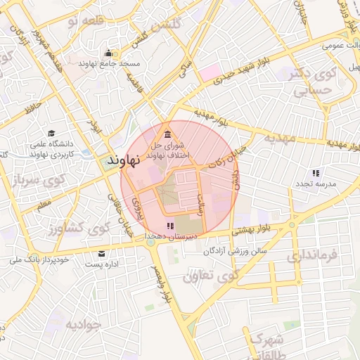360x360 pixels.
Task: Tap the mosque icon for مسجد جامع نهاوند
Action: pos(108,53)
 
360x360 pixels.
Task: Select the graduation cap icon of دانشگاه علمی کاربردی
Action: pos(51,133)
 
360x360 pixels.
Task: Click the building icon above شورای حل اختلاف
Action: pos(167,134)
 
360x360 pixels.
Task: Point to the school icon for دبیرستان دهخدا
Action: pos(169,226)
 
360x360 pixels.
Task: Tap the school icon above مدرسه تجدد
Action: pos(316,172)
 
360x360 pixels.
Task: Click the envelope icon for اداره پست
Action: pos(103,253)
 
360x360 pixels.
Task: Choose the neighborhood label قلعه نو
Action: pos(85,20)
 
